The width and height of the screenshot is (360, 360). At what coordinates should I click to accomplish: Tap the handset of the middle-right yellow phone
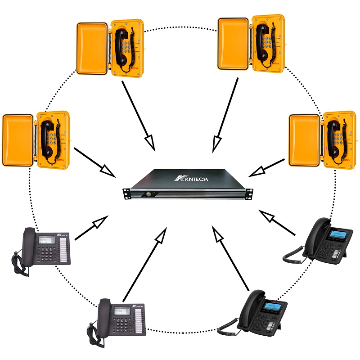coord(333,139)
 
